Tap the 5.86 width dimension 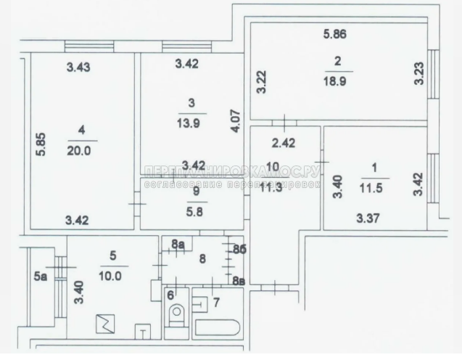coord(334,33)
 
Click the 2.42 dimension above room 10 coord(286,142)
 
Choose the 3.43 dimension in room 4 coord(79,67)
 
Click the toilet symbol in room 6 coord(176,314)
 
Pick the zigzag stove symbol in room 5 coord(104,324)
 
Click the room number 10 coord(273,166)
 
